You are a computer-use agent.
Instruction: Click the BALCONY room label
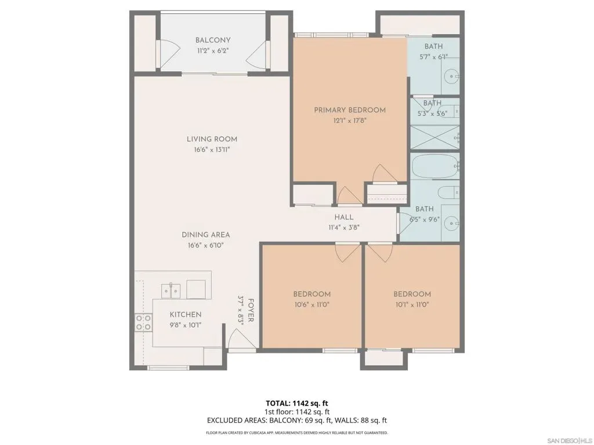(212, 40)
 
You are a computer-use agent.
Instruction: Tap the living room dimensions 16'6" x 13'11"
(212, 149)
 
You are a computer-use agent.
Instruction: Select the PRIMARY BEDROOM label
(350, 110)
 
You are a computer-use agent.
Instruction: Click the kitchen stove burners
(144, 322)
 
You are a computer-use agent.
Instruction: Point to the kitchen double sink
(171, 291)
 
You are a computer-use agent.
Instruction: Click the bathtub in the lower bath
(435, 166)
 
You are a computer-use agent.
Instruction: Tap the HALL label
(344, 217)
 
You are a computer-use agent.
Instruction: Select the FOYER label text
(251, 311)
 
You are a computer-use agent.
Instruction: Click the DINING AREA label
(206, 235)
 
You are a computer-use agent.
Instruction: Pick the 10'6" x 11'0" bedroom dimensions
(312, 305)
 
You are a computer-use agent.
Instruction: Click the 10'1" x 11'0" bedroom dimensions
(412, 305)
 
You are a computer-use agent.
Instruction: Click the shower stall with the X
(435, 137)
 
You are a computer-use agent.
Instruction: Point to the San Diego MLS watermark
(569, 441)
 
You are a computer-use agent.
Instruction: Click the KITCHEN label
(185, 315)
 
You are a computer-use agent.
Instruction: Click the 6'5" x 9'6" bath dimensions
(424, 220)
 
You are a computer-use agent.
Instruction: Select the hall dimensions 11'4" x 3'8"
(343, 228)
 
